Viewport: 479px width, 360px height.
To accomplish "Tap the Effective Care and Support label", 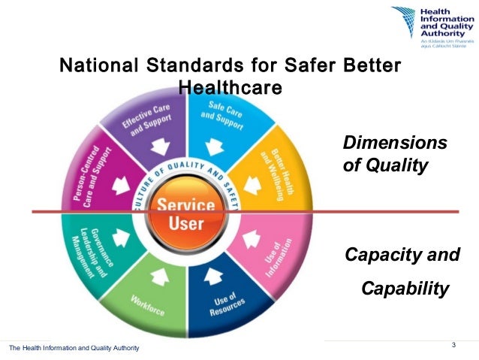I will pyautogui.click(x=148, y=119).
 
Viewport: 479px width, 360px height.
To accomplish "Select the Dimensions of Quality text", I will pyautogui.click(x=394, y=154).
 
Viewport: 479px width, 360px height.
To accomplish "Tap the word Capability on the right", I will pyautogui.click(x=405, y=289).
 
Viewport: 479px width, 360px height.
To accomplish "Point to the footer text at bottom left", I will pyautogui.click(x=74, y=347).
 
